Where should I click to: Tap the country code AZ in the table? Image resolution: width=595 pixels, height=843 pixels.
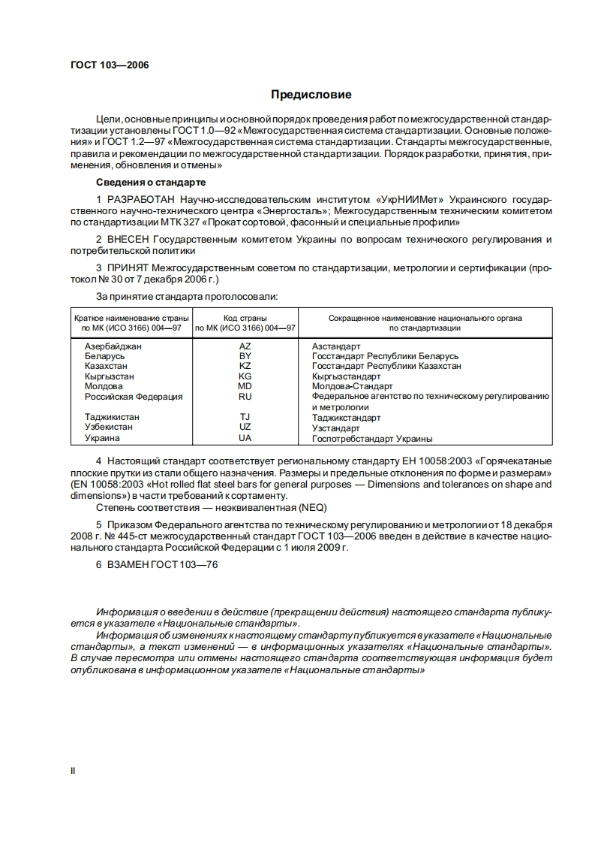[245, 346]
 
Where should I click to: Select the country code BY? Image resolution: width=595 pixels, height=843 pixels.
[245, 356]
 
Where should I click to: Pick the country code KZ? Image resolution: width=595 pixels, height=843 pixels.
[245, 366]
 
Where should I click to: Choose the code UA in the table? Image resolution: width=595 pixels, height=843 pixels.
[245, 438]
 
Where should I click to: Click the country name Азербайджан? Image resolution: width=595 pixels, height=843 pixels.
[113, 346]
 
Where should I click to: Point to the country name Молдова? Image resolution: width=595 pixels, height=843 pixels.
[104, 386]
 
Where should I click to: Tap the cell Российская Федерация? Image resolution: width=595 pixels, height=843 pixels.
[133, 397]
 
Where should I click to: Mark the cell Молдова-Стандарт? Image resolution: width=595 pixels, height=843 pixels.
[352, 386]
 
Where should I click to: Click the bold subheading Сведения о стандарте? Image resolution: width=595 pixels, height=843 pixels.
[151, 183]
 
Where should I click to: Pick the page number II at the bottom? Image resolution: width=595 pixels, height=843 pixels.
[73, 771]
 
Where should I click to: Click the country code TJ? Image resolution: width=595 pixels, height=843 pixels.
[245, 417]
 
